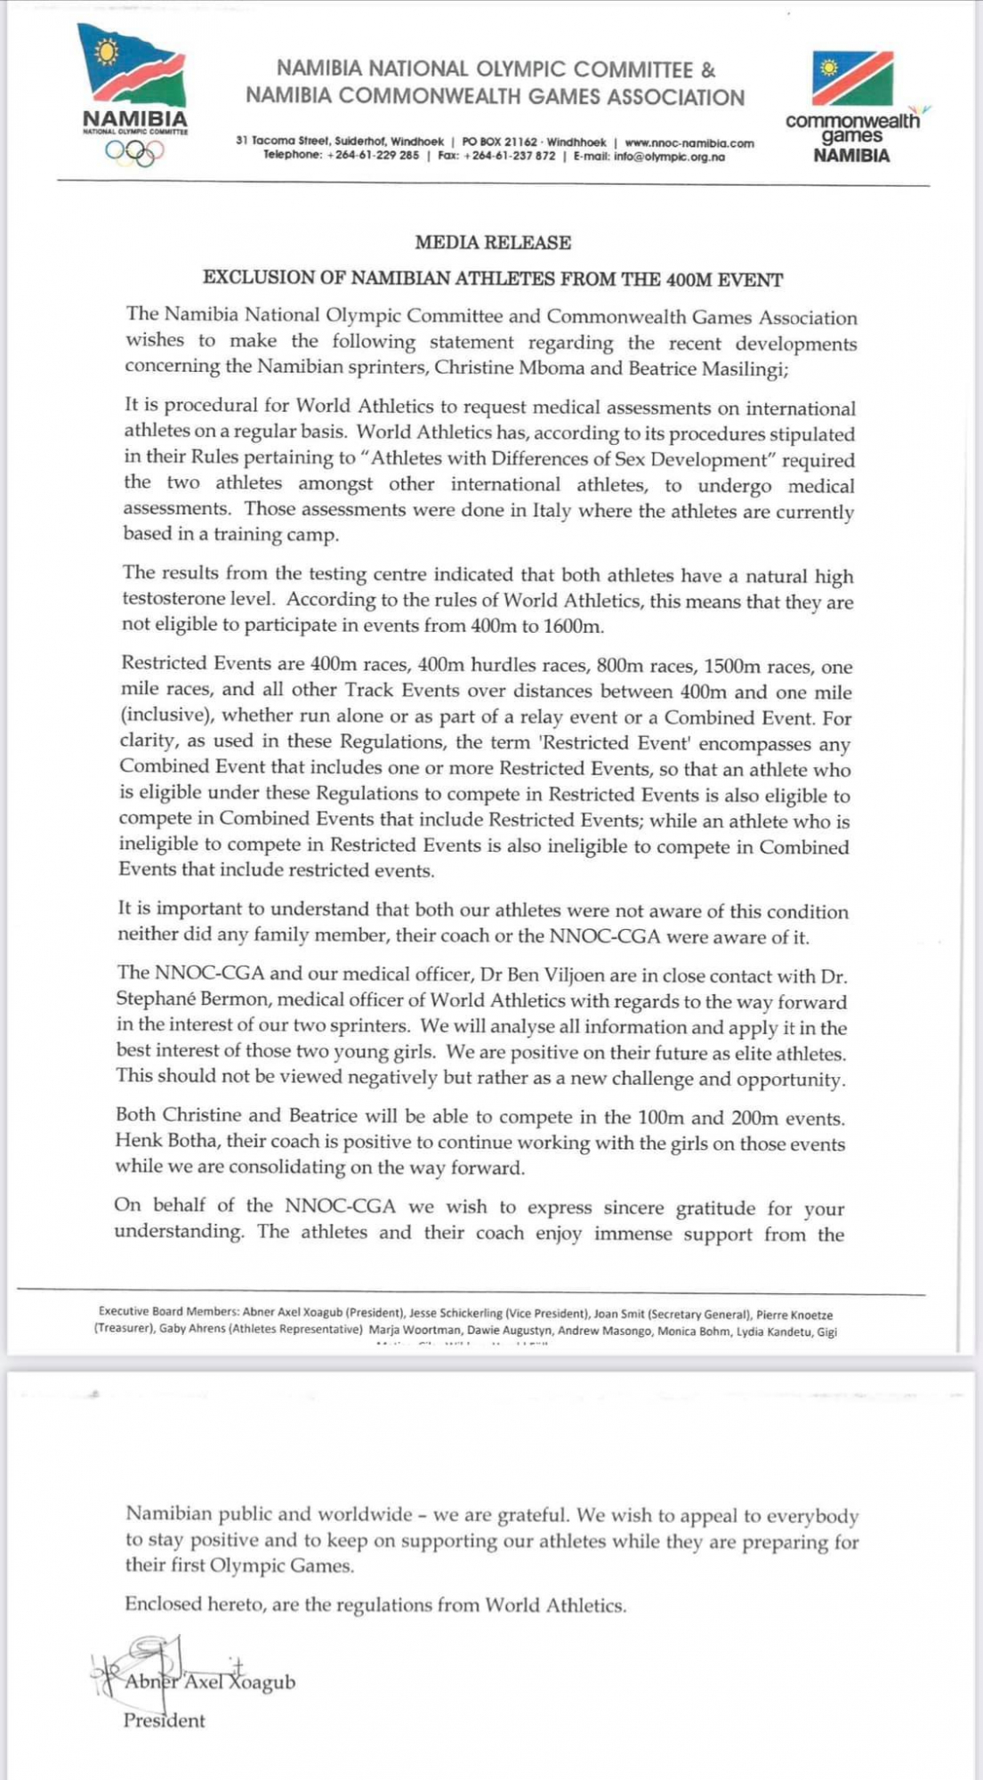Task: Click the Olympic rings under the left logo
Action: (134, 153)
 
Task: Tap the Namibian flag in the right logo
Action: (852, 78)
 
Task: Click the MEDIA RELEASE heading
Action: (493, 242)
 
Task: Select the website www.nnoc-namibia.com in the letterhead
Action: (689, 142)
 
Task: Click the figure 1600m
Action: (574, 626)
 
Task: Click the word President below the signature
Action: (164, 1720)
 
